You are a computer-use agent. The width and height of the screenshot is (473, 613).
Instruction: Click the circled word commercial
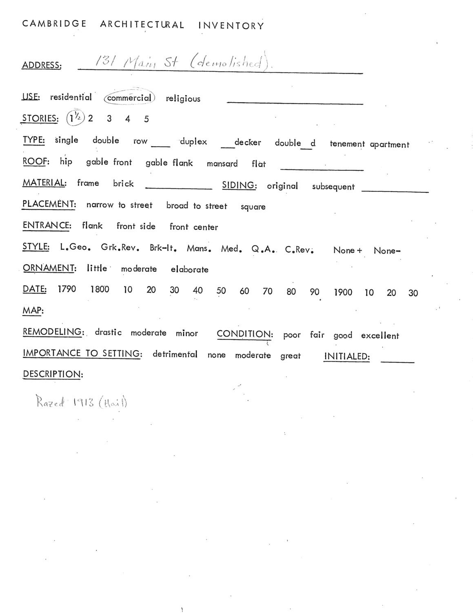(129, 98)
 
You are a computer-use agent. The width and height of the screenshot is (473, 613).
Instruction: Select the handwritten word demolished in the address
(229, 62)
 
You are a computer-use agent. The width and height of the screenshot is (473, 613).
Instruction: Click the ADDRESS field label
(42, 65)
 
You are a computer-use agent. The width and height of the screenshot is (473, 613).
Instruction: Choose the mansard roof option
(222, 164)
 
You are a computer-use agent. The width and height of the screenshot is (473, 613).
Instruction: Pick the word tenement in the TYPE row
(347, 144)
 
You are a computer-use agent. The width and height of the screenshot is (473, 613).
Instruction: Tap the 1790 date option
(67, 289)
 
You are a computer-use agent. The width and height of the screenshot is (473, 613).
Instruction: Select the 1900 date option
(343, 293)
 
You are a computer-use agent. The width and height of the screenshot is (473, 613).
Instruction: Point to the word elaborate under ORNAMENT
(189, 270)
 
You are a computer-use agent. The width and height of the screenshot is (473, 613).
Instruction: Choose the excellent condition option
(380, 336)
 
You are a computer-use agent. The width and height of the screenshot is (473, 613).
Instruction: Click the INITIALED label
(347, 357)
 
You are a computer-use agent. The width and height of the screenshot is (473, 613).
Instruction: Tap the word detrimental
(175, 354)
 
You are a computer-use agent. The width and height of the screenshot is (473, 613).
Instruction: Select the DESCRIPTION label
(53, 374)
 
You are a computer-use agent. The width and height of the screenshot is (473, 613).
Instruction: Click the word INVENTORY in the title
(231, 26)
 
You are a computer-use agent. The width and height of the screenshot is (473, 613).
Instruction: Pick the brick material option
(123, 184)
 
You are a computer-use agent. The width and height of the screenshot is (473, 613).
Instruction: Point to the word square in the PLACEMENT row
(253, 207)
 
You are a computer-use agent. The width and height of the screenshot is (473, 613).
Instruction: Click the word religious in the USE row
(183, 99)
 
